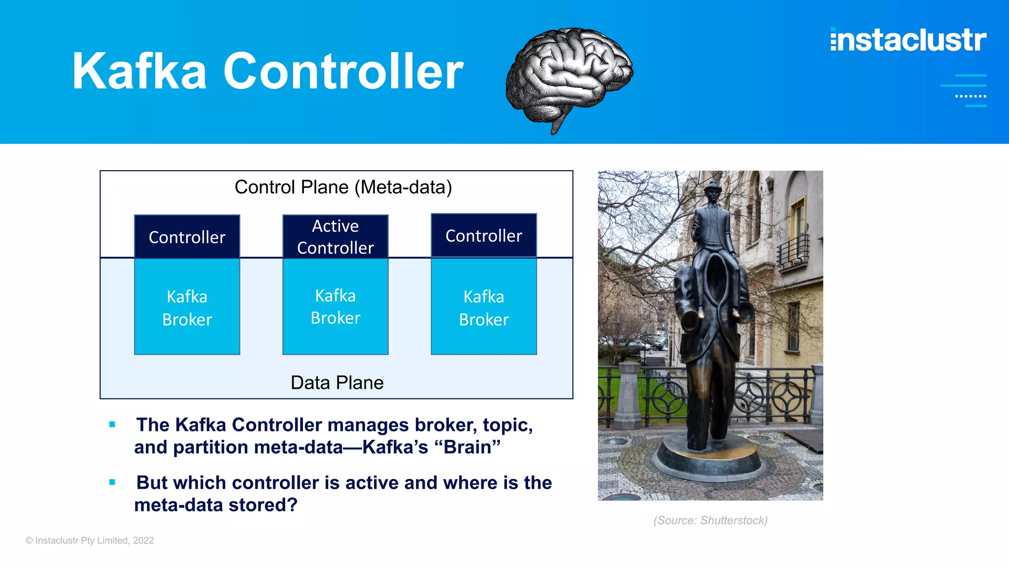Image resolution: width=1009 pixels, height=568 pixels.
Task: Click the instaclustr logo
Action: click(x=908, y=40)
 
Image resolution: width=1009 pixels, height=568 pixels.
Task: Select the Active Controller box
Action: click(x=336, y=237)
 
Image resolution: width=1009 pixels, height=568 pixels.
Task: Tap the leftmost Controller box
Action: click(x=187, y=237)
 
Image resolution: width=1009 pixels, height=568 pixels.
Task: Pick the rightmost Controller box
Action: click(x=484, y=236)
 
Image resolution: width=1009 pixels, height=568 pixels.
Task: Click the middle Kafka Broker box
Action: click(x=336, y=307)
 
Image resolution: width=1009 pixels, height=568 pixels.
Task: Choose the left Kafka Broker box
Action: click(x=187, y=308)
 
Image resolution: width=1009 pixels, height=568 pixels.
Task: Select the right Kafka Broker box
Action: click(x=484, y=308)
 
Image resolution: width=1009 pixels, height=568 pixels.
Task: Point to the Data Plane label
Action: click(x=337, y=383)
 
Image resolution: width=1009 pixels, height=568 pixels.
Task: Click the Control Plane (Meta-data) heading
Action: click(x=343, y=187)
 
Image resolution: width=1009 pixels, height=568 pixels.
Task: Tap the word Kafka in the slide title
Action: click(x=139, y=71)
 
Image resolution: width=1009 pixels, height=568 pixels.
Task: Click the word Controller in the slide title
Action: click(x=343, y=71)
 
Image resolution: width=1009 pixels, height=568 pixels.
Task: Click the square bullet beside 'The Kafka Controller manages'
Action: click(x=112, y=425)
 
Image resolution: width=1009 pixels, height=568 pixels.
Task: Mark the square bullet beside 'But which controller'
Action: click(x=112, y=482)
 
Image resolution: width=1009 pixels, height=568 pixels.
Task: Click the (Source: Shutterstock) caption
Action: click(x=710, y=520)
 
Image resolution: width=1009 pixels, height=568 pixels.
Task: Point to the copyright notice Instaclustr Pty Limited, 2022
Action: click(x=90, y=540)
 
